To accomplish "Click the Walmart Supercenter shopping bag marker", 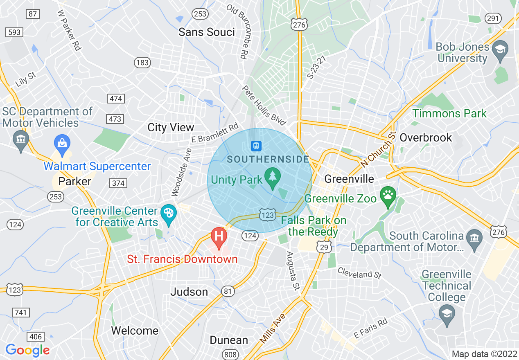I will coord(62,144).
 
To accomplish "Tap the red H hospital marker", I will coord(219,236).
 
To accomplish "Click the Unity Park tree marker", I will coord(272,177).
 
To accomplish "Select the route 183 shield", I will coord(142,63).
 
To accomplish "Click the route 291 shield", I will coord(493,18).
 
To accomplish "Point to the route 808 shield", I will coord(230,353).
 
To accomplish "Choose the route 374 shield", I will coord(118,183).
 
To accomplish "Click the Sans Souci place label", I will coord(207,32).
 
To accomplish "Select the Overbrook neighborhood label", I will coord(426,137).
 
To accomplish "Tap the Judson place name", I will coord(189,292).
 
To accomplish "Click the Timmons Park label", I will coord(449,113).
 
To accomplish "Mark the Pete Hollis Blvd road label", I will coord(264,106).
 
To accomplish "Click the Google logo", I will coord(27,350).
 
